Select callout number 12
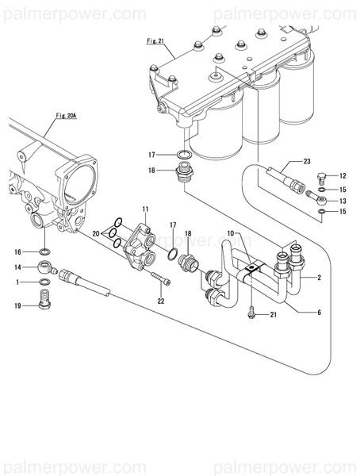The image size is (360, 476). (343, 176)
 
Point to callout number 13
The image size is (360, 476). (343, 202)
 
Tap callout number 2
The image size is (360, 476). (318, 278)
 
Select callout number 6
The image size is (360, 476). (318, 313)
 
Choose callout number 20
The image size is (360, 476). (96, 234)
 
